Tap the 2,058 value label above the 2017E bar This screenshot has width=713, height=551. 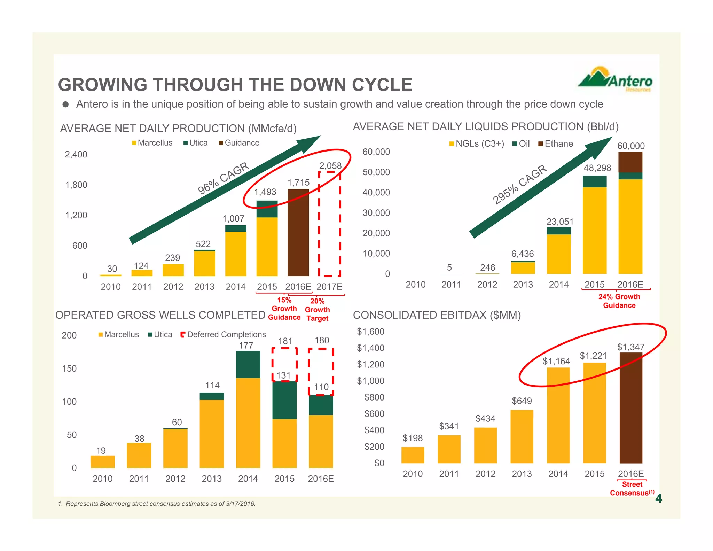[x=330, y=165]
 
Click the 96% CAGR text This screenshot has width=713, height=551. [x=223, y=178]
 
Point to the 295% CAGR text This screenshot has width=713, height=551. [x=519, y=184]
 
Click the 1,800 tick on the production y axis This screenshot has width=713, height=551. [x=76, y=185]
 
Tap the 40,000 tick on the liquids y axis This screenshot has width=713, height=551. [x=376, y=192]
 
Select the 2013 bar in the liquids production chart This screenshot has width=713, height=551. [x=523, y=267]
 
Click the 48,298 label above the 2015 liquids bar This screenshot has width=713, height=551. [x=597, y=168]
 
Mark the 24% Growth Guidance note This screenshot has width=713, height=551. [x=619, y=301]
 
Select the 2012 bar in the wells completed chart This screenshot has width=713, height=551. [x=175, y=448]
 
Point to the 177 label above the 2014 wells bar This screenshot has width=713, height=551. [x=246, y=345]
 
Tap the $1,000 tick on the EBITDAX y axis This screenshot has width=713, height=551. [x=370, y=381]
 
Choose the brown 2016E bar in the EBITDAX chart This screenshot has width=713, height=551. [x=631, y=408]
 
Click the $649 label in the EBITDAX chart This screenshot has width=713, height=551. [x=522, y=401]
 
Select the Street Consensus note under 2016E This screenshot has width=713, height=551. [x=632, y=489]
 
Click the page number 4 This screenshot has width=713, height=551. [x=658, y=499]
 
